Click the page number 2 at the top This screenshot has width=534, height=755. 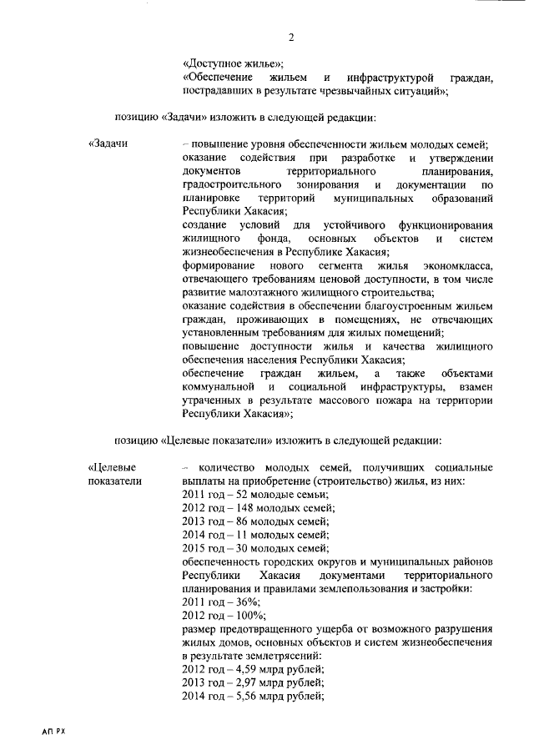pos(291,37)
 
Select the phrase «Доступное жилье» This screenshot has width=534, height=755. pos(233,64)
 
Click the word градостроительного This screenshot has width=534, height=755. pos(232,184)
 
